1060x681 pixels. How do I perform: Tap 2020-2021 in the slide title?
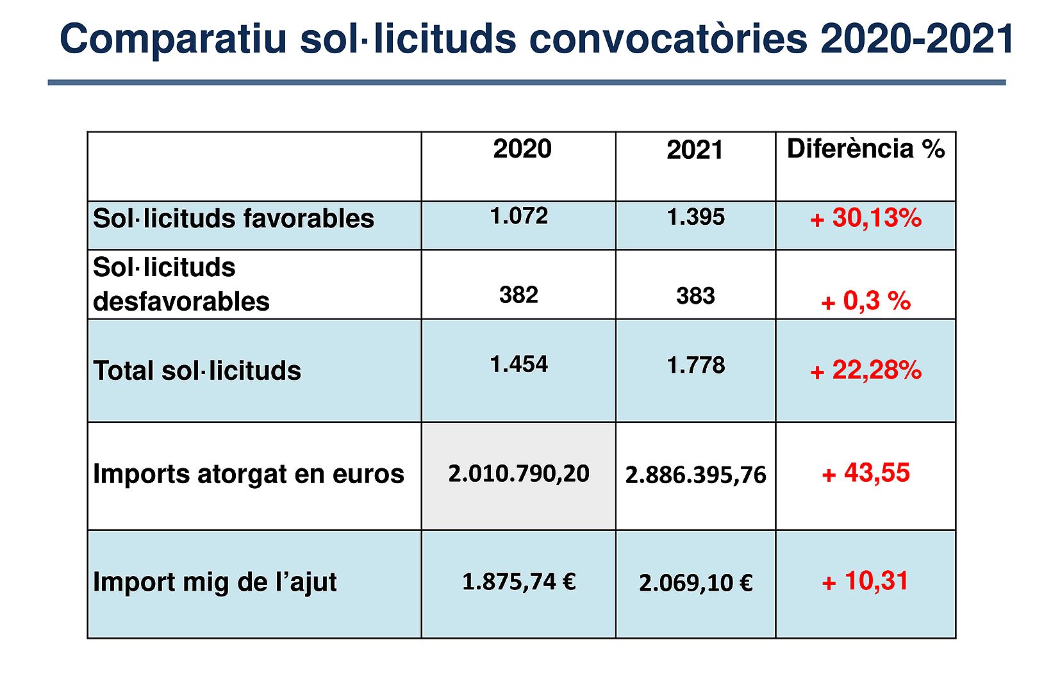tap(917, 38)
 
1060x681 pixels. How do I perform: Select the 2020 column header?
tap(522, 149)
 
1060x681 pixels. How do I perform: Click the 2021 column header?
tap(695, 151)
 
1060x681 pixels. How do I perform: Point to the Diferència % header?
tap(865, 149)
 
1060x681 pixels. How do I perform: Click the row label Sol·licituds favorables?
tap(233, 219)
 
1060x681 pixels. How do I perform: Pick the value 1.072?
tap(518, 217)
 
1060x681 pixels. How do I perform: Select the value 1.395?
tap(695, 218)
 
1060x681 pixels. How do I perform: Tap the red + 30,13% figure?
tap(866, 218)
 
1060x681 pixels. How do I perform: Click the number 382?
tap(518, 295)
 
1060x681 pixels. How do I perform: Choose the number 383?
tap(695, 297)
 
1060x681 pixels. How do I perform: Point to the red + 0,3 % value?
tap(866, 301)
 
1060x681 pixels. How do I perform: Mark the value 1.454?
tap(518, 365)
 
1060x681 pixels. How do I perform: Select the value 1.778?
tap(695, 366)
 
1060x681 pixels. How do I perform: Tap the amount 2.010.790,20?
tap(518, 474)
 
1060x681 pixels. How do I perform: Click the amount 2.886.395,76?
tap(695, 475)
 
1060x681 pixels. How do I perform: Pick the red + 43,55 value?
tap(866, 473)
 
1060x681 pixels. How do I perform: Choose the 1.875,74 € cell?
tap(518, 582)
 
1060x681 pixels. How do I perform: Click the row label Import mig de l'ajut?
tap(215, 582)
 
